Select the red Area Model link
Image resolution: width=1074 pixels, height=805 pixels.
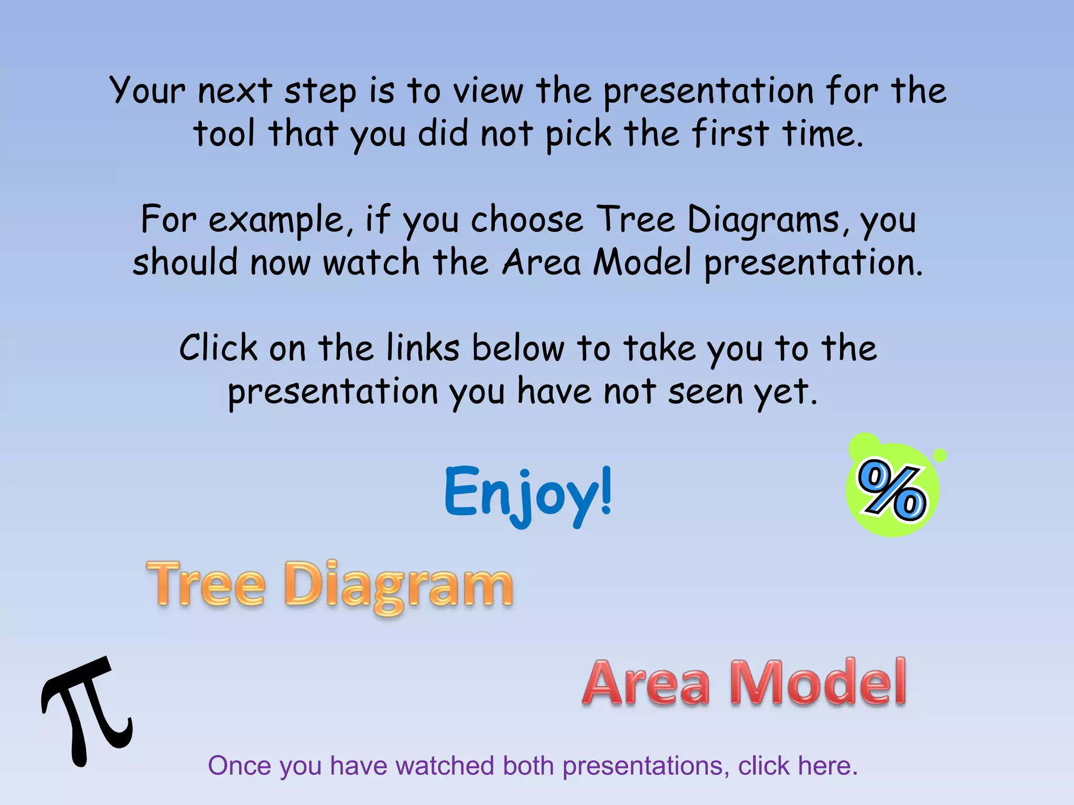(744, 682)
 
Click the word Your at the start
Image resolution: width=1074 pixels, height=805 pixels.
(147, 90)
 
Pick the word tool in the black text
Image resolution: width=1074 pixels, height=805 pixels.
(224, 133)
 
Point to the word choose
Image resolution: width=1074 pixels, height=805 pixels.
(527, 219)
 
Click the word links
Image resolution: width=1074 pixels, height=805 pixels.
(423, 348)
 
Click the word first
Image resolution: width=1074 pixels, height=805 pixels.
(730, 133)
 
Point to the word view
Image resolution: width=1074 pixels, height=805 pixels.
(488, 90)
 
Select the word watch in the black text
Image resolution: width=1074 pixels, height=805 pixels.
(371, 262)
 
